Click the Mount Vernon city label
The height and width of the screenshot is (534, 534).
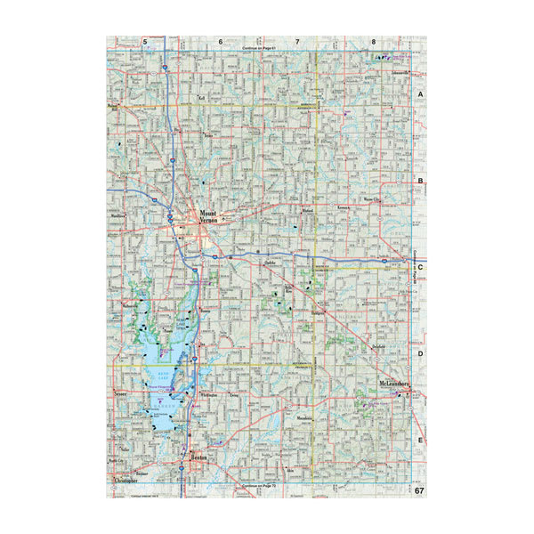click(209, 217)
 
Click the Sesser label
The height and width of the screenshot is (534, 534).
click(122, 392)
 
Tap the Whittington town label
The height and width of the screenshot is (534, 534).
click(210, 392)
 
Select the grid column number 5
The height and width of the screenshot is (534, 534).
click(144, 42)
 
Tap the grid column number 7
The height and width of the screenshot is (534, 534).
click(297, 42)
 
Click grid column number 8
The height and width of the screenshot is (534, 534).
click(374, 42)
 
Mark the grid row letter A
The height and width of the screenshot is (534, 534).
click(420, 93)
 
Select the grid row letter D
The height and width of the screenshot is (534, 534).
click(420, 353)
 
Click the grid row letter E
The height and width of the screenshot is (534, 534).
click(420, 441)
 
